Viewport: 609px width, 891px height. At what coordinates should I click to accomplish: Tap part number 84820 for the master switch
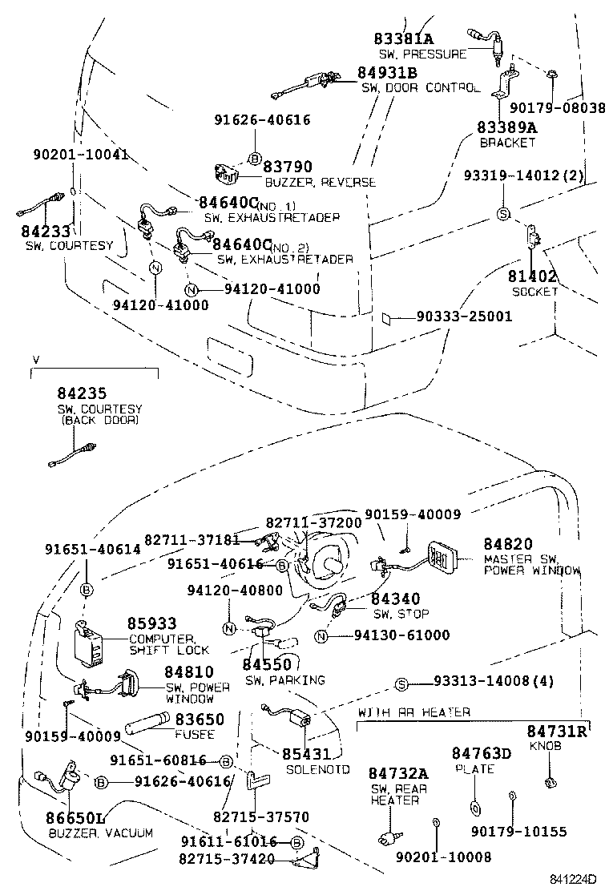[507, 544]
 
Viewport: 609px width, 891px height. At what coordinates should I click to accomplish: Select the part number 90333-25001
[464, 316]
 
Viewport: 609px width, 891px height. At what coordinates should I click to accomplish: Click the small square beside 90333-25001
[388, 317]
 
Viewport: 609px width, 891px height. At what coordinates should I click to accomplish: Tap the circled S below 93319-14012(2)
[503, 213]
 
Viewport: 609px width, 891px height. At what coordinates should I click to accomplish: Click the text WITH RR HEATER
[414, 712]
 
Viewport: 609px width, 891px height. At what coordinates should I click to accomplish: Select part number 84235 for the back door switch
[82, 393]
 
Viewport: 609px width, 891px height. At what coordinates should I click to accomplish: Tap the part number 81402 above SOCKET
[532, 276]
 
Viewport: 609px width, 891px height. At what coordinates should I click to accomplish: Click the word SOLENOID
[318, 769]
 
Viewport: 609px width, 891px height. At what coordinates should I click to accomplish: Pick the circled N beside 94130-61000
[321, 636]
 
